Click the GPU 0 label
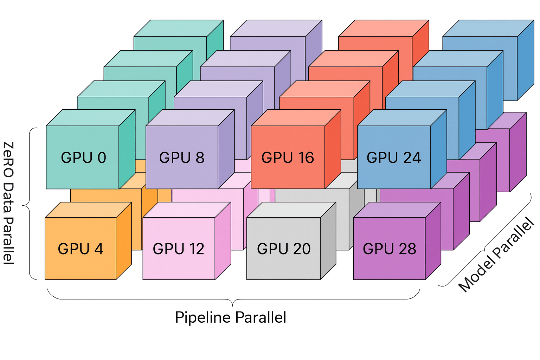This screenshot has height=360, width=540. pos(83,158)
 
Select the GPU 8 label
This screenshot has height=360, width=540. pos(181,158)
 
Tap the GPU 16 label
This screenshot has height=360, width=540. pos(288,158)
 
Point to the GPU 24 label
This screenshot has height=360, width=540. pos(393,158)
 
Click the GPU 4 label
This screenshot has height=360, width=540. pos(81,249)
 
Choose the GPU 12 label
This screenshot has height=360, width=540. pos(178,249)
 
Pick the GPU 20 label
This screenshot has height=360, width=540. pos(284,249)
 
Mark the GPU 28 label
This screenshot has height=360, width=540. pos(389,249)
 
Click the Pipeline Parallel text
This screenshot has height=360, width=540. pos(230,317)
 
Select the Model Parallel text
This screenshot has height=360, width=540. pos(496,255)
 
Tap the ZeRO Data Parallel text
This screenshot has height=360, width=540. pos(8,203)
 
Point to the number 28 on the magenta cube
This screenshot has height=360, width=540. pos(407,249)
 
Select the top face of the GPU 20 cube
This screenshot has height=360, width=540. pos(291,210)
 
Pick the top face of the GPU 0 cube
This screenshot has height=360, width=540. pos(91,118)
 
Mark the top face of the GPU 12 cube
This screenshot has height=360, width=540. pos(187,210)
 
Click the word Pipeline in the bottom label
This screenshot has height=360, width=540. pos(203,317)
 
